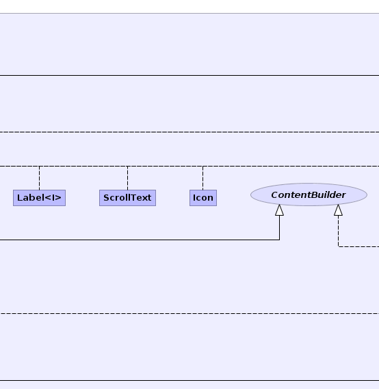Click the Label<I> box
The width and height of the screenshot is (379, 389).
tap(39, 198)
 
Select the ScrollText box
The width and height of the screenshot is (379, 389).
tap(127, 198)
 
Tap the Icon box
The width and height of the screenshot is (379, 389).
tap(203, 198)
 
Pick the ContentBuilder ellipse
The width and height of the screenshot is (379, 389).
tap(309, 194)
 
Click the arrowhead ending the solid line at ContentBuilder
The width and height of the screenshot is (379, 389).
tap(280, 210)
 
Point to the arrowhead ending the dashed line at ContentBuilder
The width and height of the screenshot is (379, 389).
tap(338, 210)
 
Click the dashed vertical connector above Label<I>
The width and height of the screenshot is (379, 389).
tap(39, 178)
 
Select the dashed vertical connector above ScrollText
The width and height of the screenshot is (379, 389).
tap(127, 178)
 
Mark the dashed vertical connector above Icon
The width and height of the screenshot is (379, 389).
tap(203, 178)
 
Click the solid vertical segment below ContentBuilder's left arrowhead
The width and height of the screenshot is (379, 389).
tap(280, 228)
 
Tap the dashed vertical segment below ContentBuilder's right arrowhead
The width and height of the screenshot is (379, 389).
tap(338, 231)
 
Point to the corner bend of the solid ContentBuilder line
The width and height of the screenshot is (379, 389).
tap(280, 240)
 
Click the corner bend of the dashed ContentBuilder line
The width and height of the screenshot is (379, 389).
tap(338, 246)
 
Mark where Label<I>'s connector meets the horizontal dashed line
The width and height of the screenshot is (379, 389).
tap(39, 167)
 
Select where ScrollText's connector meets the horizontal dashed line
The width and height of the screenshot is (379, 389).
tap(127, 167)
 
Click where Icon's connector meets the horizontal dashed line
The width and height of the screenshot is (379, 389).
tap(203, 167)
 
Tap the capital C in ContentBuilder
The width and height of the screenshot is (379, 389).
tap(274, 195)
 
